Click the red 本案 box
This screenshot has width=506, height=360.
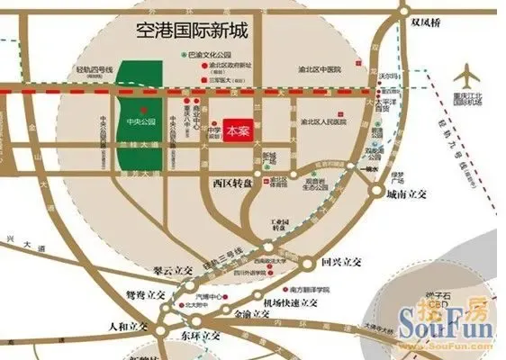pyautogui.click(x=238, y=129)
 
